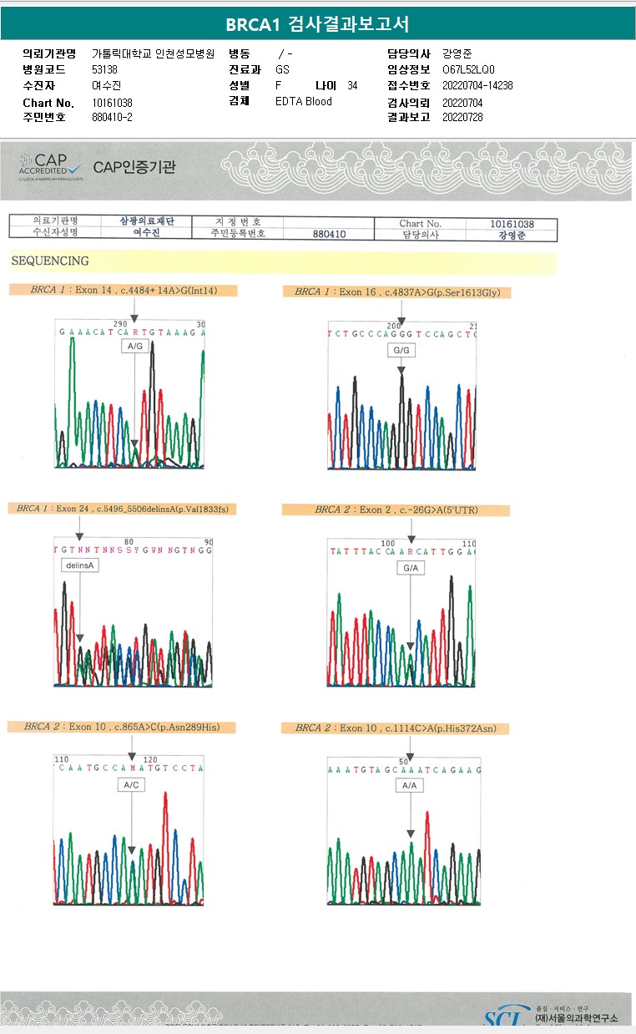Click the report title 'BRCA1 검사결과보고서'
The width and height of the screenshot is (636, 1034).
coord(317,24)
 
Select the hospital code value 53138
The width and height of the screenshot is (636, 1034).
coord(104,69)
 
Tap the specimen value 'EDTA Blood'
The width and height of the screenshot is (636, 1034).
coord(304,101)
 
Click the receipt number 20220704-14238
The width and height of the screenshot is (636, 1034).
coord(477,85)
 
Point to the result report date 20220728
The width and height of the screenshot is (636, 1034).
coord(462,117)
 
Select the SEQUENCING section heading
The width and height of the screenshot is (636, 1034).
coord(50,261)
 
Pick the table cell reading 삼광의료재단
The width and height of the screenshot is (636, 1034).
coord(146,221)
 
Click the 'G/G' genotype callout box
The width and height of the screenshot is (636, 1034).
coord(401,350)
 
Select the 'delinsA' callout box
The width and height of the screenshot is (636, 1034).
coord(80,565)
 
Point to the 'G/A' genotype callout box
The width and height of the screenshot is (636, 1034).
coord(411,568)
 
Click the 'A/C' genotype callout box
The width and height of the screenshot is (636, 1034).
coord(132,785)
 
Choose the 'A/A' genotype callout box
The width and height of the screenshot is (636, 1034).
coord(409,786)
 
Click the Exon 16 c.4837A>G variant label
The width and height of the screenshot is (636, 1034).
coord(402,291)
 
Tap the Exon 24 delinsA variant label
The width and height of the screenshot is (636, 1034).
coord(121,508)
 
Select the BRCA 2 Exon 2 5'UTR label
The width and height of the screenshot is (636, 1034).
coord(396,509)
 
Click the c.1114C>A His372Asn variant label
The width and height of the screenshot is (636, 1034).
coord(396,728)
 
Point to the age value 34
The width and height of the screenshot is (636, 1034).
coord(352,85)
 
